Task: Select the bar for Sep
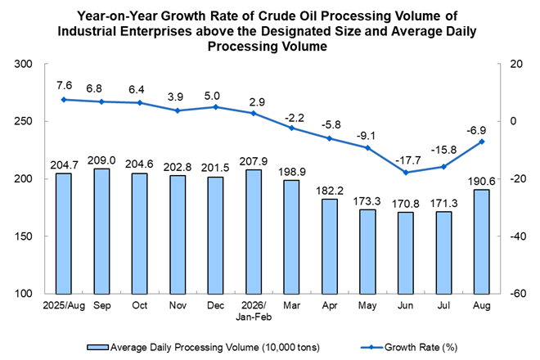[101, 232]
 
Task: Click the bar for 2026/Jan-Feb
[254, 232]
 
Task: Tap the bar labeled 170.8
[406, 253]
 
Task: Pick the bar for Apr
[330, 246]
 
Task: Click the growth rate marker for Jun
[406, 173]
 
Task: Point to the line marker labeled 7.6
[63, 100]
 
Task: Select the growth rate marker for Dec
[216, 107]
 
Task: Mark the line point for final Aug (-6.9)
[482, 142]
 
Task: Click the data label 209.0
[101, 160]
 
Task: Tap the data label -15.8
[443, 150]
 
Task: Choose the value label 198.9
[292, 172]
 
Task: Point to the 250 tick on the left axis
[23, 121]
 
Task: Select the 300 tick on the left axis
[23, 64]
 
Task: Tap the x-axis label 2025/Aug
[64, 305]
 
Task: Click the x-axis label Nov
[178, 305]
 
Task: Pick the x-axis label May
[367, 305]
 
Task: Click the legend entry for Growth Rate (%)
[409, 347]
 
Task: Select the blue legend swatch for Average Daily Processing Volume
[98, 347]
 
